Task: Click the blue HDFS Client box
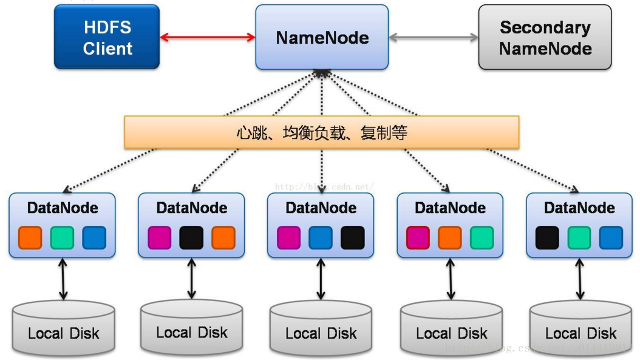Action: click(107, 37)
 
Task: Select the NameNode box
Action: click(322, 37)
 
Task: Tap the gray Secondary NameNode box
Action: click(545, 37)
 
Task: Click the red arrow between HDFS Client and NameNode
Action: click(207, 38)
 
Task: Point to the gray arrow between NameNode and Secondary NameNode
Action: click(434, 38)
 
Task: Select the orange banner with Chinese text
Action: click(322, 132)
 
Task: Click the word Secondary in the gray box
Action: click(545, 27)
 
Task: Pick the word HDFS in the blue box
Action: click(107, 27)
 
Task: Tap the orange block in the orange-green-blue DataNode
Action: click(30, 237)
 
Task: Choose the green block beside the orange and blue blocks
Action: click(62, 237)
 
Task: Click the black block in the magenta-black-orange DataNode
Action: click(191, 237)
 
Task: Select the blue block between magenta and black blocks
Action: click(321, 237)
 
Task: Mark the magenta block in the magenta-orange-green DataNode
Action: click(418, 237)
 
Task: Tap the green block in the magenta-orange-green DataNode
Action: click(482, 237)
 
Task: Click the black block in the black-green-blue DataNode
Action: click(547, 237)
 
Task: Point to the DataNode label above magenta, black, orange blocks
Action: click(191, 208)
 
